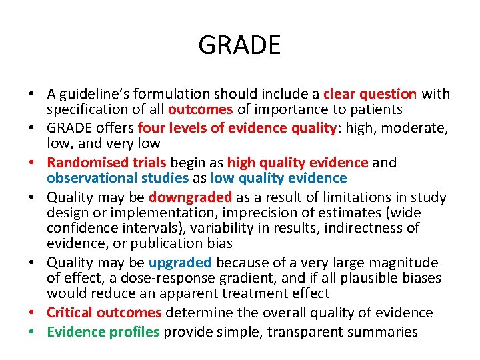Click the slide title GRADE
239,45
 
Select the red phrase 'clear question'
370,94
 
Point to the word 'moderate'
418,127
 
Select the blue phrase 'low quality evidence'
278,178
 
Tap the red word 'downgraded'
190,197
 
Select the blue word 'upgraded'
180,263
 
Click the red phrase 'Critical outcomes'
104,313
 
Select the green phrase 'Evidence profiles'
103,332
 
